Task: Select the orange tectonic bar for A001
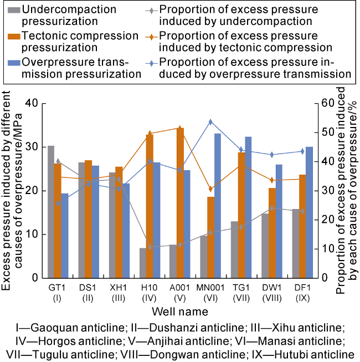coord(179,203)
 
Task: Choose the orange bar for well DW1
coord(271,233)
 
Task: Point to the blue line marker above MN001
coord(210,121)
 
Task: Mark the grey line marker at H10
coord(150,247)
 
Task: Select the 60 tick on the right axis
coord(323,104)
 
